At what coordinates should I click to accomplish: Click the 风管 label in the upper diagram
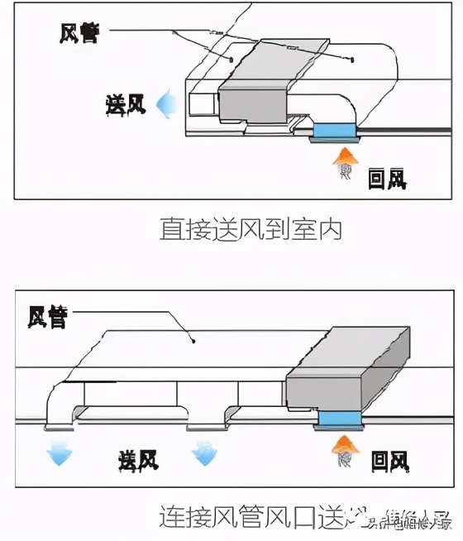[x=79, y=33]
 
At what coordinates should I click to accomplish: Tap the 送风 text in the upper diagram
[x=126, y=104]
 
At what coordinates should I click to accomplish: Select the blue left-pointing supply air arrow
[x=168, y=104]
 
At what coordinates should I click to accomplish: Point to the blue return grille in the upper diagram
[x=334, y=129]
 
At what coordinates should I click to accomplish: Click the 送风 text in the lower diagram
[x=139, y=457]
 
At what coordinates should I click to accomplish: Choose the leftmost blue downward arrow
[x=60, y=452]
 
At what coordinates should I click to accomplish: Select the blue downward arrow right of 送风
[x=203, y=452]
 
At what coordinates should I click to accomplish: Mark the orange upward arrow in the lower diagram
[x=346, y=453]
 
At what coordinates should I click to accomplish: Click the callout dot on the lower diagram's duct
[x=192, y=338]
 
